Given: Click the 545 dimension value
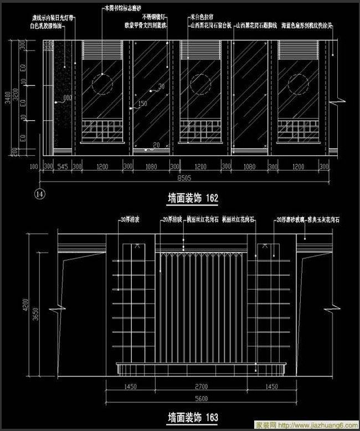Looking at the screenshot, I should click(63, 166).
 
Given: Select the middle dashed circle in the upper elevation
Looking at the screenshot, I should click(199, 84).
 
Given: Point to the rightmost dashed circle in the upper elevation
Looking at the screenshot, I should click(298, 84).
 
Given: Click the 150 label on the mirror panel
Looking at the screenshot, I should click(142, 104).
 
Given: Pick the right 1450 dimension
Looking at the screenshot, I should click(272, 386).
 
